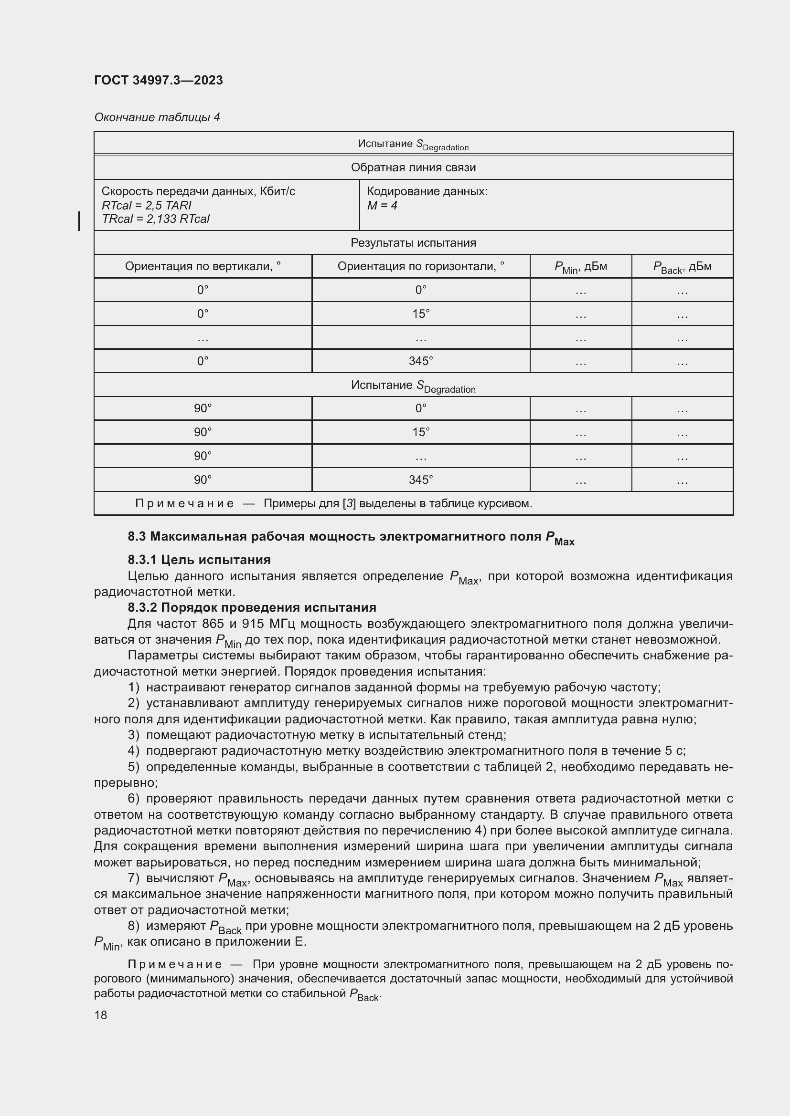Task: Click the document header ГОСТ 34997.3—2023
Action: point(159,80)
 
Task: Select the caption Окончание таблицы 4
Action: point(157,117)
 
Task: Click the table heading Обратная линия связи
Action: point(413,167)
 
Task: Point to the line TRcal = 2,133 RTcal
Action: point(156,219)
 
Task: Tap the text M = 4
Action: point(382,206)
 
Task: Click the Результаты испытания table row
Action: point(413,242)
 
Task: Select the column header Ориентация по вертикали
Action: point(203,266)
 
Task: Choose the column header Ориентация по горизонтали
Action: point(420,266)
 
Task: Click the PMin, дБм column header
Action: point(580,267)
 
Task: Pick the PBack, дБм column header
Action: point(682,267)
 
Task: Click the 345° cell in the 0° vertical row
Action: point(420,361)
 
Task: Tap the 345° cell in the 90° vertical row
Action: point(420,480)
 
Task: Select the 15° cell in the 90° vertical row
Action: point(420,432)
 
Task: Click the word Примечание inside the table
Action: point(184,503)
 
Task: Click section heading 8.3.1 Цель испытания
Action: point(199,560)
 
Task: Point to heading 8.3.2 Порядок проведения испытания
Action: point(252,607)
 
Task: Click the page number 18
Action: point(101,1015)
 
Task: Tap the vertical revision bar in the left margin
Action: point(79,221)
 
